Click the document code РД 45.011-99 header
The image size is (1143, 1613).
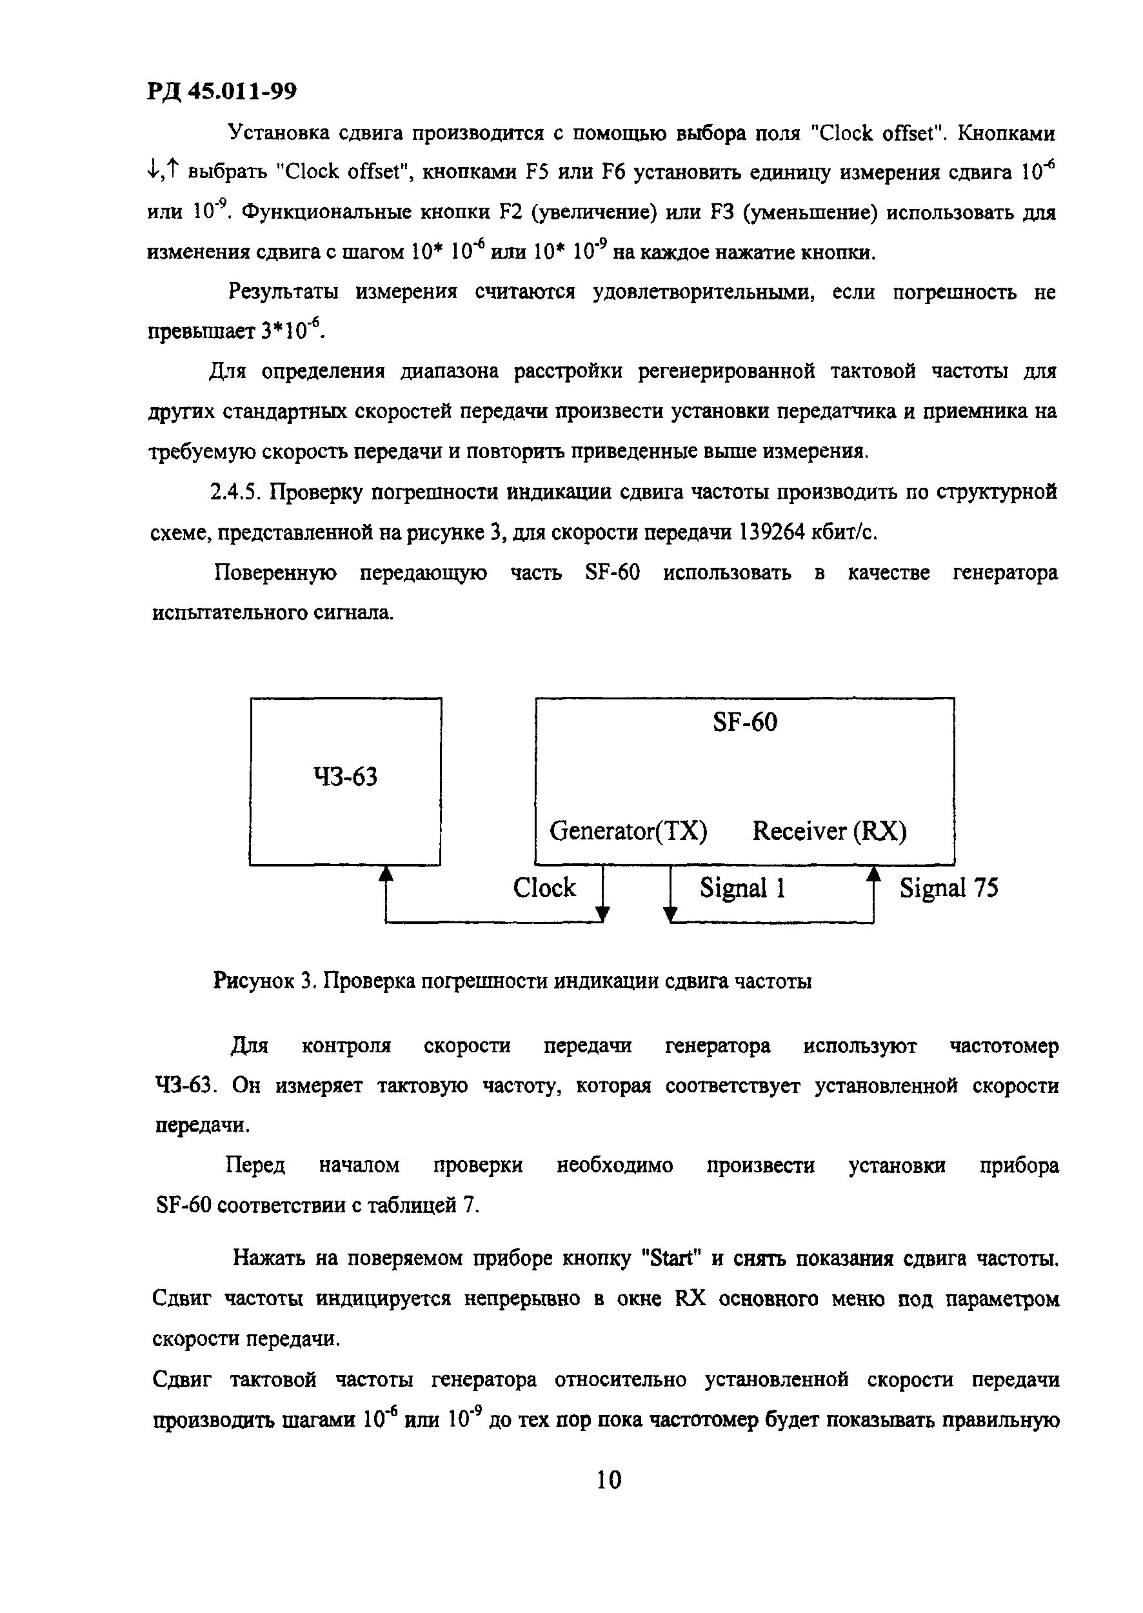[223, 91]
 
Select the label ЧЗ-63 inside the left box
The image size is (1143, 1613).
[345, 777]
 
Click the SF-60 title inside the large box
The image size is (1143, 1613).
[744, 723]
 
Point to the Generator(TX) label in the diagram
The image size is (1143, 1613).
[628, 831]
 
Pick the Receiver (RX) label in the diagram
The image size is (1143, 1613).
[829, 831]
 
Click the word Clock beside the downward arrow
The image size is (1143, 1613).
[544, 887]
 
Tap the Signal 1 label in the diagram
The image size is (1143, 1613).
[742, 888]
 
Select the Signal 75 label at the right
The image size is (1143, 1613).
[949, 888]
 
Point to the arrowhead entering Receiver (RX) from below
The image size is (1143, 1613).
[873, 874]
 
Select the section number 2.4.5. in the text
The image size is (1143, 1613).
[236, 492]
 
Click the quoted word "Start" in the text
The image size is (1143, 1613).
[673, 1257]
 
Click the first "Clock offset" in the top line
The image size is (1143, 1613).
[873, 132]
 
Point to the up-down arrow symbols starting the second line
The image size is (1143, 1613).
[164, 170]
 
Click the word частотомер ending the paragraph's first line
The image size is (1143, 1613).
[1004, 1047]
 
